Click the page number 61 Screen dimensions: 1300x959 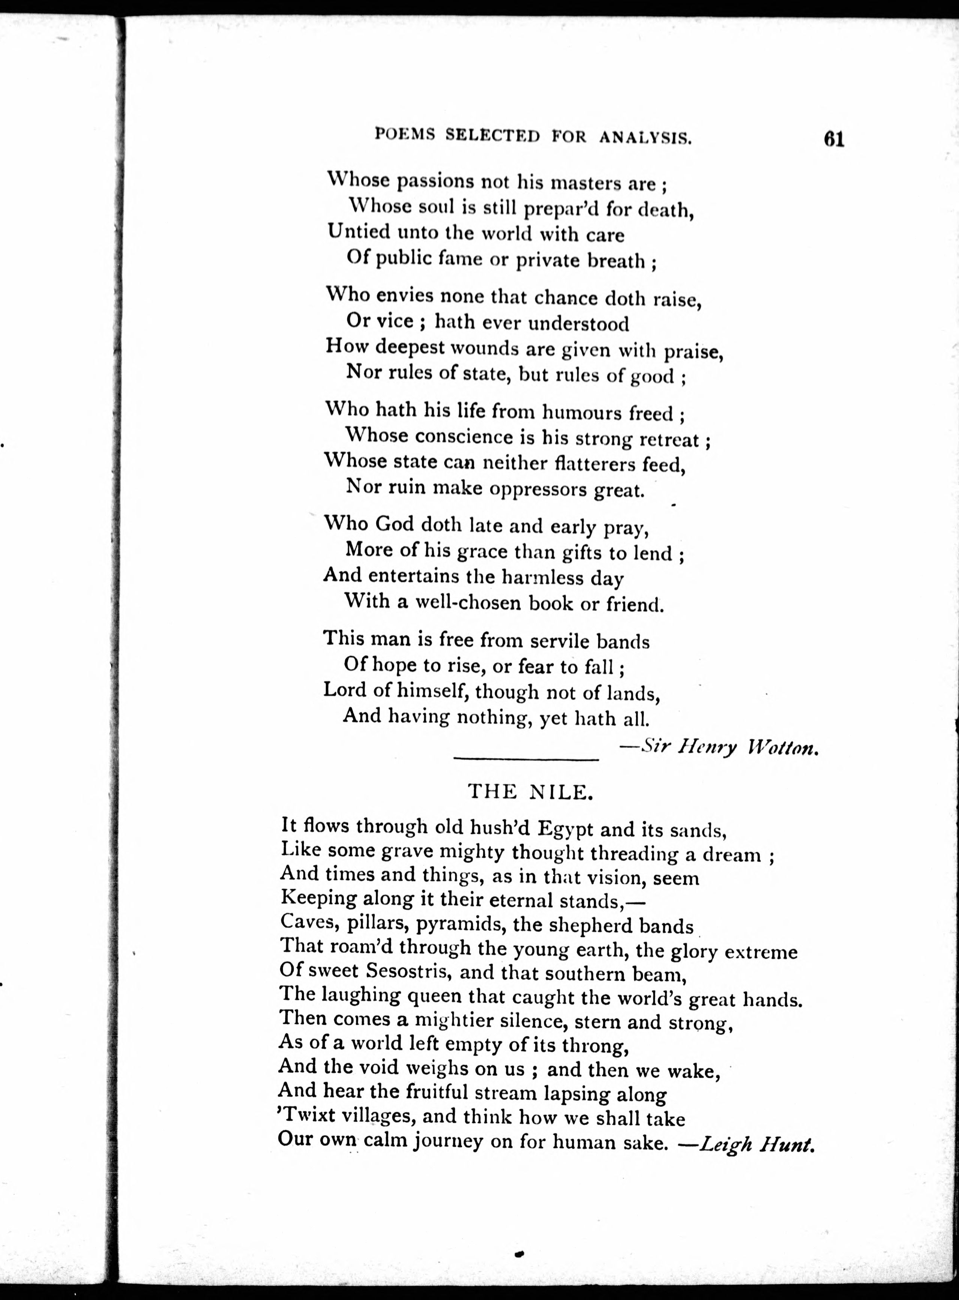(x=833, y=140)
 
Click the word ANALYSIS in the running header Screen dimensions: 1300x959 (x=645, y=137)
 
